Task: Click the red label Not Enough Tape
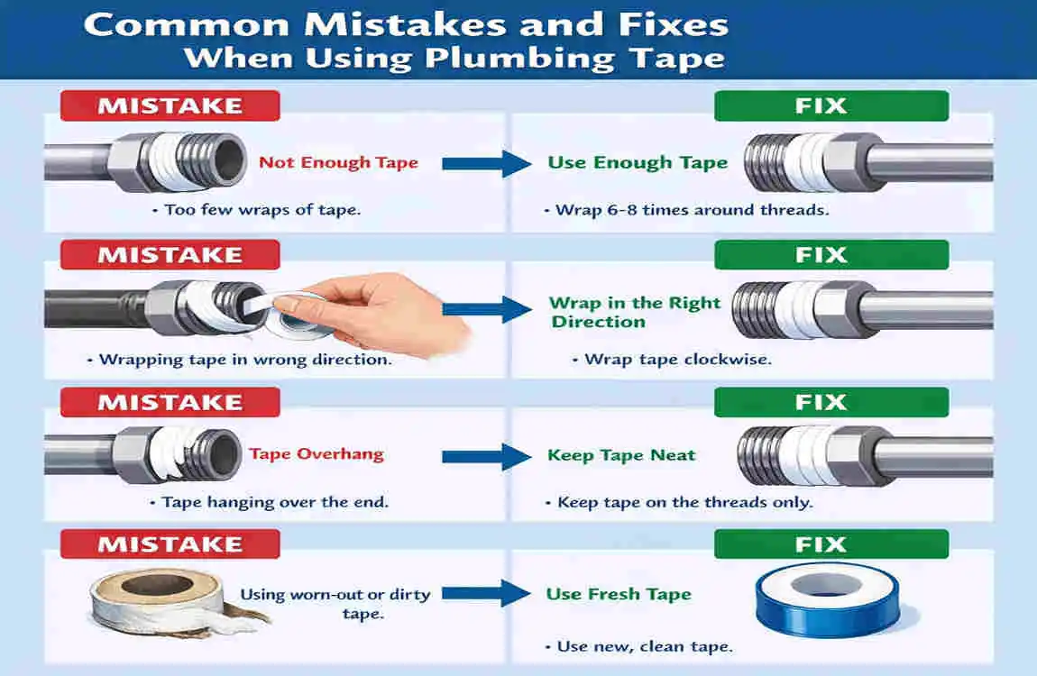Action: click(x=338, y=162)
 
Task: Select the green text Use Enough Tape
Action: click(x=638, y=162)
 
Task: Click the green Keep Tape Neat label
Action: click(x=621, y=454)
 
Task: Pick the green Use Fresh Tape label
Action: click(x=619, y=594)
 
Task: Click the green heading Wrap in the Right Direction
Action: click(x=635, y=312)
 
